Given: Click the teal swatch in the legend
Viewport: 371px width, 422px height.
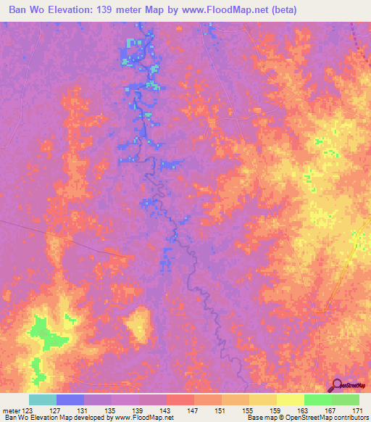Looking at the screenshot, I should coord(43,400).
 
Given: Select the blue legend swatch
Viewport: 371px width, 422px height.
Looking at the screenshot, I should coord(70,400).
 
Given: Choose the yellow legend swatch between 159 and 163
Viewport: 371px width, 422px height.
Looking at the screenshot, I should coord(291,400).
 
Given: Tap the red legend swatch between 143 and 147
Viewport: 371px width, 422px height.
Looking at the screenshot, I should coord(180,400).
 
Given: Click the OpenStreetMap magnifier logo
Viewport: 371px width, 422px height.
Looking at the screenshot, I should coord(337,385).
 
